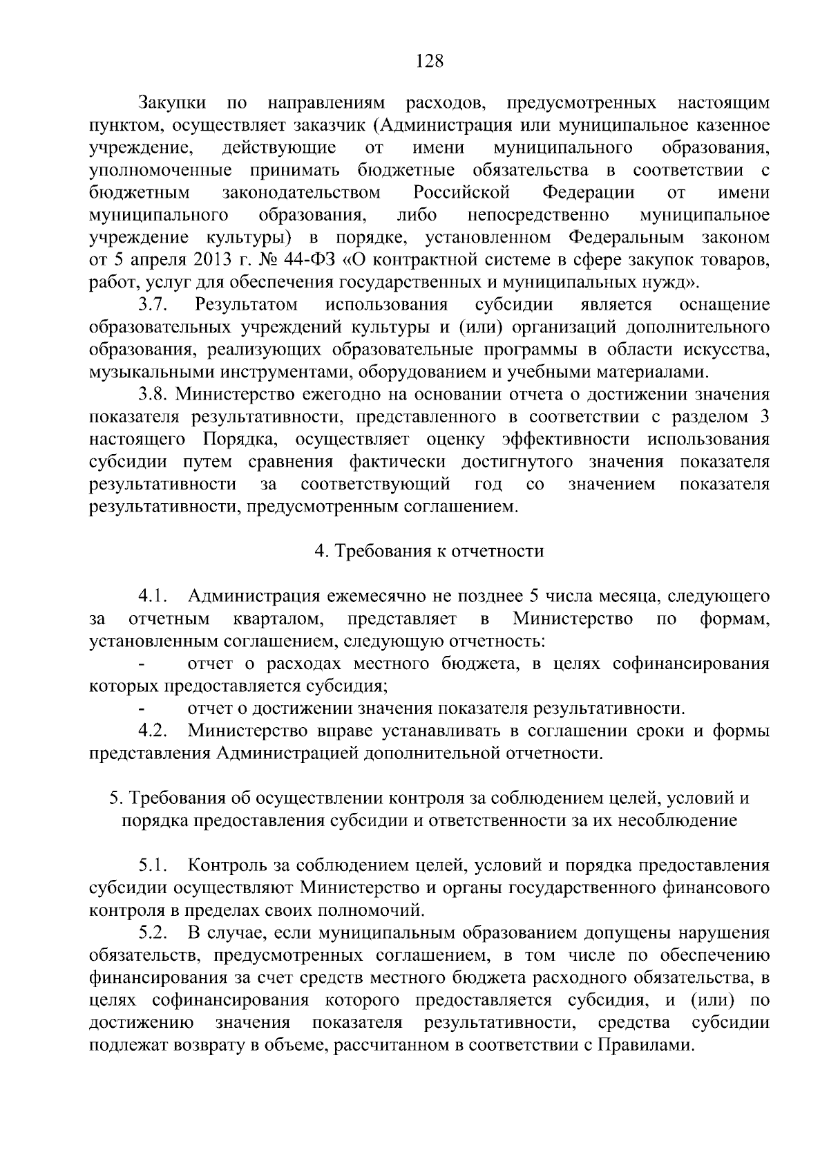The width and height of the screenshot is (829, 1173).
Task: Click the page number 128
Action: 428,61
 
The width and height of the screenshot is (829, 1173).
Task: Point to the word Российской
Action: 462,192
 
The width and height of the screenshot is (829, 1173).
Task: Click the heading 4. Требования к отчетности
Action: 429,551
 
